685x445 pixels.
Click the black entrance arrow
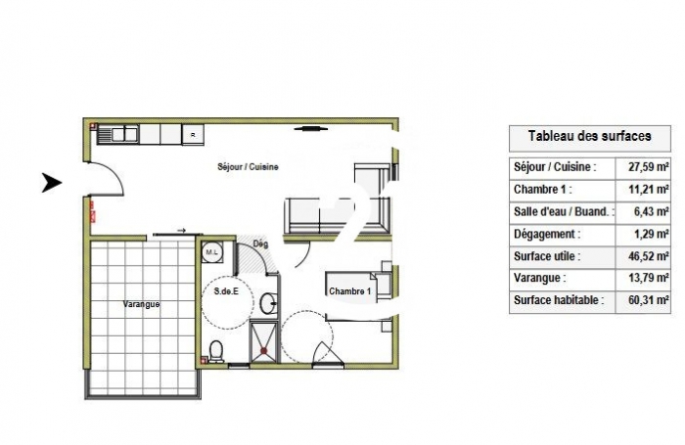(x=51, y=182)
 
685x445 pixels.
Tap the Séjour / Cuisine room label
(x=248, y=166)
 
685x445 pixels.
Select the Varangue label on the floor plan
(x=142, y=304)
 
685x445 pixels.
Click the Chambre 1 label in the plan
(x=349, y=292)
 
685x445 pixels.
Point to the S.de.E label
(x=227, y=291)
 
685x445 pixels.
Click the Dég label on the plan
(x=260, y=245)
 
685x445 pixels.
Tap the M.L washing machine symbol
(x=211, y=253)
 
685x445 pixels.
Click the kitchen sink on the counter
(x=125, y=134)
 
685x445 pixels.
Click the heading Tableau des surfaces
(x=589, y=136)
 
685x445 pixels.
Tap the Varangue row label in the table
(x=537, y=280)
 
